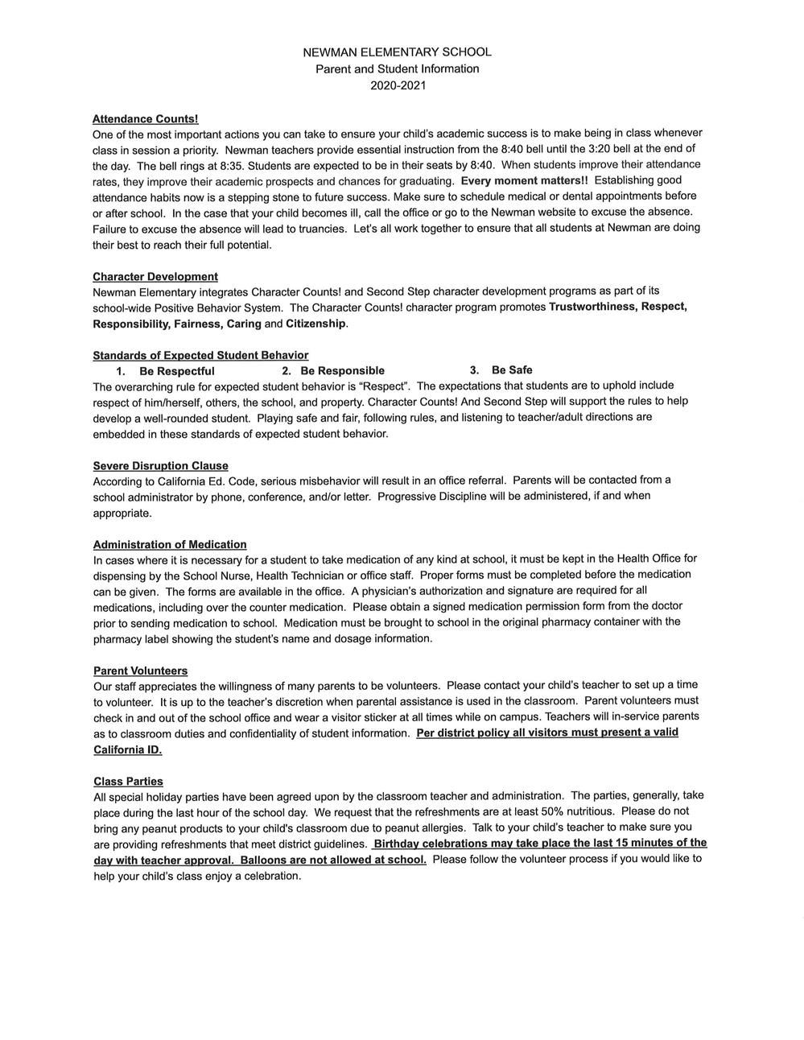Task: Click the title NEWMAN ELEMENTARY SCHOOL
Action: point(397,52)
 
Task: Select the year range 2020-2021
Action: point(398,85)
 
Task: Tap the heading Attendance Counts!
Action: point(145,119)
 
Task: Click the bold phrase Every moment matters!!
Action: point(524,180)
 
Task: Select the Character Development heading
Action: point(155,277)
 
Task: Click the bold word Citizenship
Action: point(315,324)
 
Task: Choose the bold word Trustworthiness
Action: point(592,307)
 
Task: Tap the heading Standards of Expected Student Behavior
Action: point(200,355)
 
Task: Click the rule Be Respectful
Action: point(176,371)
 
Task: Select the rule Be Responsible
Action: point(342,371)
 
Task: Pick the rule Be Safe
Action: point(512,370)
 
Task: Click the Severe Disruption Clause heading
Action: point(160,466)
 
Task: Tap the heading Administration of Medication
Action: point(170,545)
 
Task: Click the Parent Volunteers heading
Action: point(140,671)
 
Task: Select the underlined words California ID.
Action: point(127,749)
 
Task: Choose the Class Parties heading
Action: point(128,782)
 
